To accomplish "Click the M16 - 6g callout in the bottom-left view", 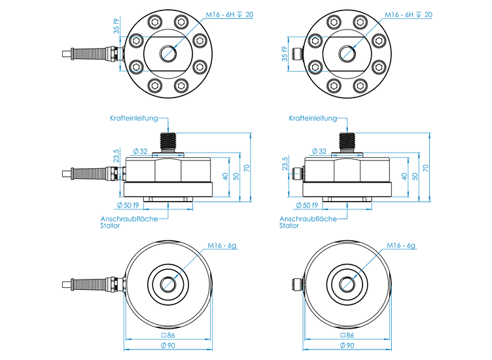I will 222,245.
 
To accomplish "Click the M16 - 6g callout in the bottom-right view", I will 401,245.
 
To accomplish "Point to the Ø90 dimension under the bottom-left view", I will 168,346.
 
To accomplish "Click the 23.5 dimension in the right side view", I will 286,164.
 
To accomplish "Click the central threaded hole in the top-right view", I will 347,52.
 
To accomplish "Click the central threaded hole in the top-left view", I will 168,52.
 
